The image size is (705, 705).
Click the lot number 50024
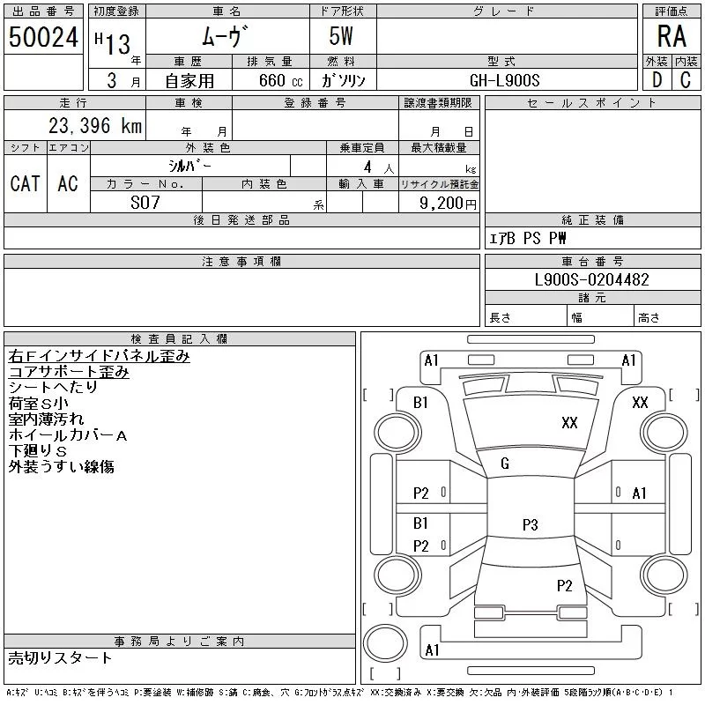pyautogui.click(x=42, y=38)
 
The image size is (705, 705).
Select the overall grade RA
pyautogui.click(x=672, y=37)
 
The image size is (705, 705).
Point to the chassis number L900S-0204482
pyautogui.click(x=592, y=279)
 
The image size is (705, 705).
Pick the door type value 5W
pyautogui.click(x=342, y=38)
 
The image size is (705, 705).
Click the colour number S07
pyautogui.click(x=146, y=203)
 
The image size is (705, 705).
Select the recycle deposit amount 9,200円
pyautogui.click(x=449, y=203)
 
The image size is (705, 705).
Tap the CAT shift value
pyautogui.click(x=25, y=183)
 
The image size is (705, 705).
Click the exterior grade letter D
pyautogui.click(x=657, y=80)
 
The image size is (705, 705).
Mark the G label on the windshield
pyautogui.click(x=505, y=464)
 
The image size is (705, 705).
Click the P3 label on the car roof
pyautogui.click(x=530, y=524)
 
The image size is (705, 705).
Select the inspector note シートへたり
pyautogui.click(x=53, y=387)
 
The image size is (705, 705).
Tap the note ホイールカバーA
pyautogui.click(x=68, y=434)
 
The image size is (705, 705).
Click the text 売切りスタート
pyautogui.click(x=60, y=657)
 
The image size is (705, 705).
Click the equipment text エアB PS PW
pyautogui.click(x=528, y=238)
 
